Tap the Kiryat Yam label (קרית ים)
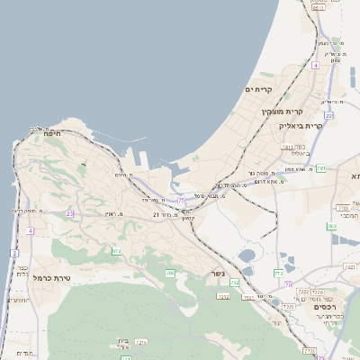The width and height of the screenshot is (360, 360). click(258, 90)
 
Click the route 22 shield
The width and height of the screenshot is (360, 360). click(329, 116)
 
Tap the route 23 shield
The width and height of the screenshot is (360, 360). click(70, 213)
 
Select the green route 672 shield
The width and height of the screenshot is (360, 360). click(116, 251)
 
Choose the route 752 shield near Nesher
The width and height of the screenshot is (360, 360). click(235, 283)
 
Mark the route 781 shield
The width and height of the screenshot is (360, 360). click(320, 168)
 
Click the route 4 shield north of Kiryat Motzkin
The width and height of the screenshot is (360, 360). click(316, 66)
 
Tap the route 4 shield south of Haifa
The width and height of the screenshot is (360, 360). click(30, 231)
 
